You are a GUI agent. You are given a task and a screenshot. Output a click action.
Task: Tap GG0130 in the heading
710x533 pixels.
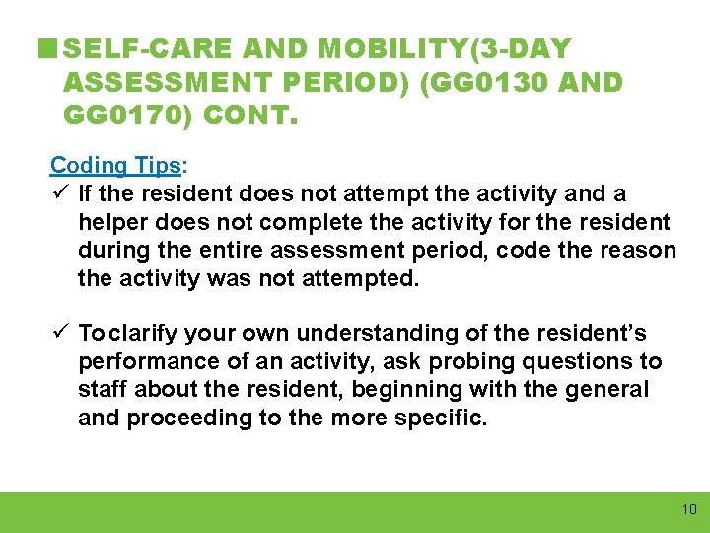coord(478,82)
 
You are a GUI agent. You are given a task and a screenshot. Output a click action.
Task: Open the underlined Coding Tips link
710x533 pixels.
coord(115,165)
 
